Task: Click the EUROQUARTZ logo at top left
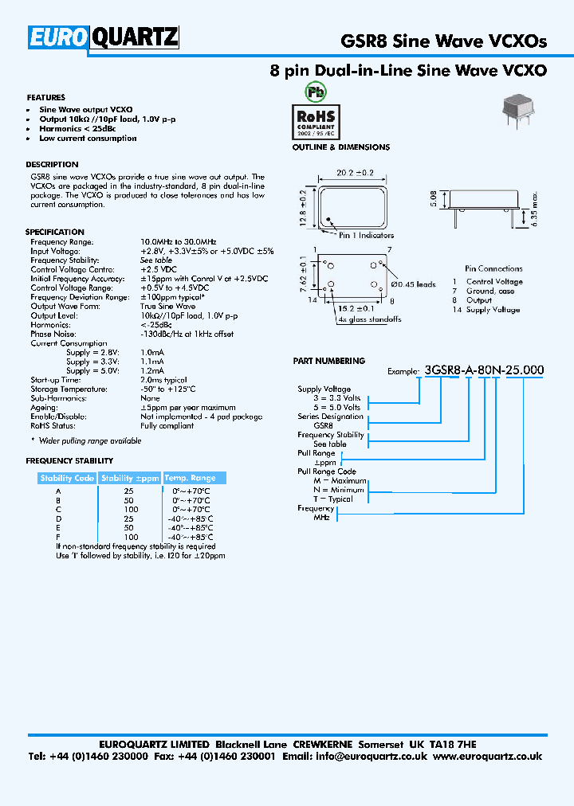point(104,37)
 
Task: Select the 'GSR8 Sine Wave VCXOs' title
point(443,41)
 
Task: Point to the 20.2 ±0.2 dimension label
point(356,172)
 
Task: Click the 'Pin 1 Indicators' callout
point(366,236)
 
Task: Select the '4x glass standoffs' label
point(368,319)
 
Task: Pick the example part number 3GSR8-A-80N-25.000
point(485,370)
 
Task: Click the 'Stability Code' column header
point(67,478)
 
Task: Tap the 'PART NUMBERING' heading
point(329,361)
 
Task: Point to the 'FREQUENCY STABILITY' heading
point(69,461)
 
